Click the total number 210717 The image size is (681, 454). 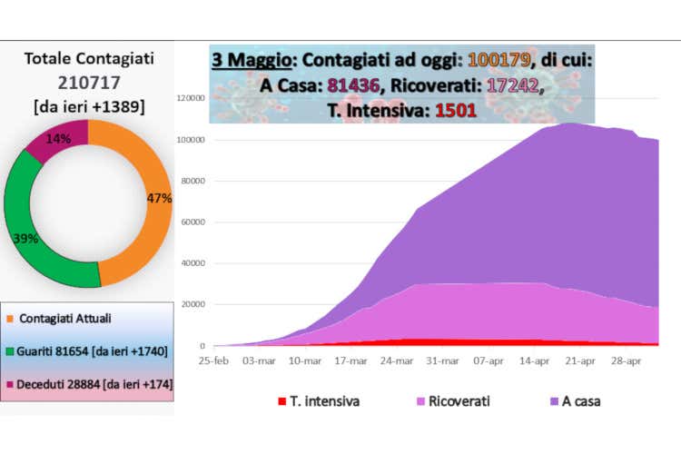tap(88, 82)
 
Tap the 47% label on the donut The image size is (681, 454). tap(158, 198)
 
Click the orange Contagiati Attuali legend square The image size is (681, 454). tap(10, 318)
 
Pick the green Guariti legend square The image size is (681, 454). tap(10, 350)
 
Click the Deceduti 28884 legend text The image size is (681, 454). tap(95, 384)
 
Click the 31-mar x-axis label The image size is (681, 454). tap(444, 360)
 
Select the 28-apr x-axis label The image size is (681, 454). tap(627, 360)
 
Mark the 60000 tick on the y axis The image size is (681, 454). tap(192, 222)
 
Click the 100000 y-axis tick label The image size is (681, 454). tap(189, 140)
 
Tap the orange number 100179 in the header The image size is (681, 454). tap(498, 61)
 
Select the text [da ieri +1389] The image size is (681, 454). tap(88, 106)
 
